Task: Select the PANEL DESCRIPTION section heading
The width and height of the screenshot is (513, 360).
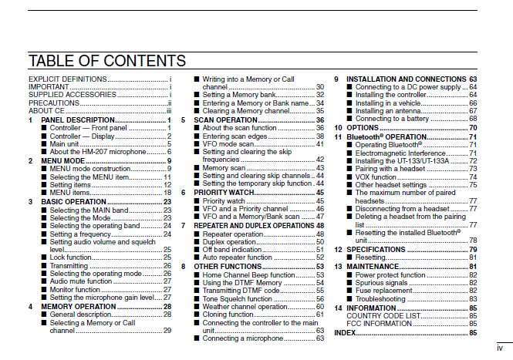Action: (78, 120)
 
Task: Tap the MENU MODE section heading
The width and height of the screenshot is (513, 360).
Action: (64, 160)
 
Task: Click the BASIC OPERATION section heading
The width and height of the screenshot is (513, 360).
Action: (73, 201)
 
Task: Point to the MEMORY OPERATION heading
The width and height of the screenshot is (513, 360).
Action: (77, 306)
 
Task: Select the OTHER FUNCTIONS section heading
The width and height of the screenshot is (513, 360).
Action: (228, 266)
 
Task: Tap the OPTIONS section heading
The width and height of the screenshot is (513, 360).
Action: (363, 127)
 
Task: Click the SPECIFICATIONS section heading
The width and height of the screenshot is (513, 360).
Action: (376, 250)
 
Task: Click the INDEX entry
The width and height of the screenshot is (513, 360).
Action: (345, 331)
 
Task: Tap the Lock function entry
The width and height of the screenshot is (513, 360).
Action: (73, 257)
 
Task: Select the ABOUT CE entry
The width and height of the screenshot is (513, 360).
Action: (46, 111)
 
